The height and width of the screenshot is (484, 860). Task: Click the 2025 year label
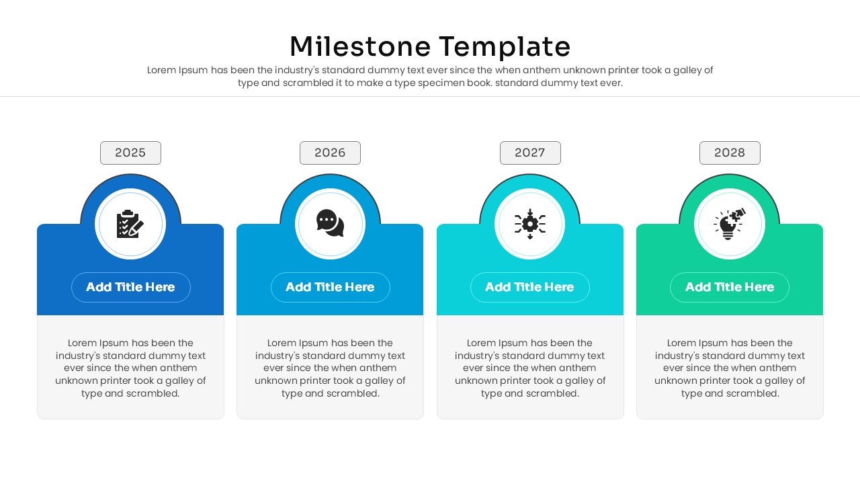pos(130,153)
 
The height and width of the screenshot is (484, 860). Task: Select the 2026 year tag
pos(330,153)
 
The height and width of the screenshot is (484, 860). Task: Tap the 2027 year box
pos(530,153)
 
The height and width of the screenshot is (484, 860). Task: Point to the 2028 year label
pos(730,153)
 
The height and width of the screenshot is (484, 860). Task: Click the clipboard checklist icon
pos(130,224)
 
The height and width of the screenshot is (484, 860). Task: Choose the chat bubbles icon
pos(330,223)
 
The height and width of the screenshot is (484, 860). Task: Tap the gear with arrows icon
pos(529,224)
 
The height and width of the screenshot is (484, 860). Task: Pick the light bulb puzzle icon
pos(730,224)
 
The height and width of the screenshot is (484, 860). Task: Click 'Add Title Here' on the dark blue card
pos(130,287)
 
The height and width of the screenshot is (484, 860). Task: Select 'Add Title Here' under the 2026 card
pos(330,287)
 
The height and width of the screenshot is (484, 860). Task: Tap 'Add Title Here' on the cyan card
pos(529,287)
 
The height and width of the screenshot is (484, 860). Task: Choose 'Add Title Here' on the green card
pos(730,287)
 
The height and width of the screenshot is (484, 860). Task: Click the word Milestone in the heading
pos(359,47)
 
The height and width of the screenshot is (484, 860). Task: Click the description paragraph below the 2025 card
pos(130,368)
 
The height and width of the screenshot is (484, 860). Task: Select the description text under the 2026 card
pos(330,368)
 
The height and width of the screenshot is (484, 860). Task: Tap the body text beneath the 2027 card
pos(530,368)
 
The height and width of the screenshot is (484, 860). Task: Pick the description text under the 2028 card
pos(730,368)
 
